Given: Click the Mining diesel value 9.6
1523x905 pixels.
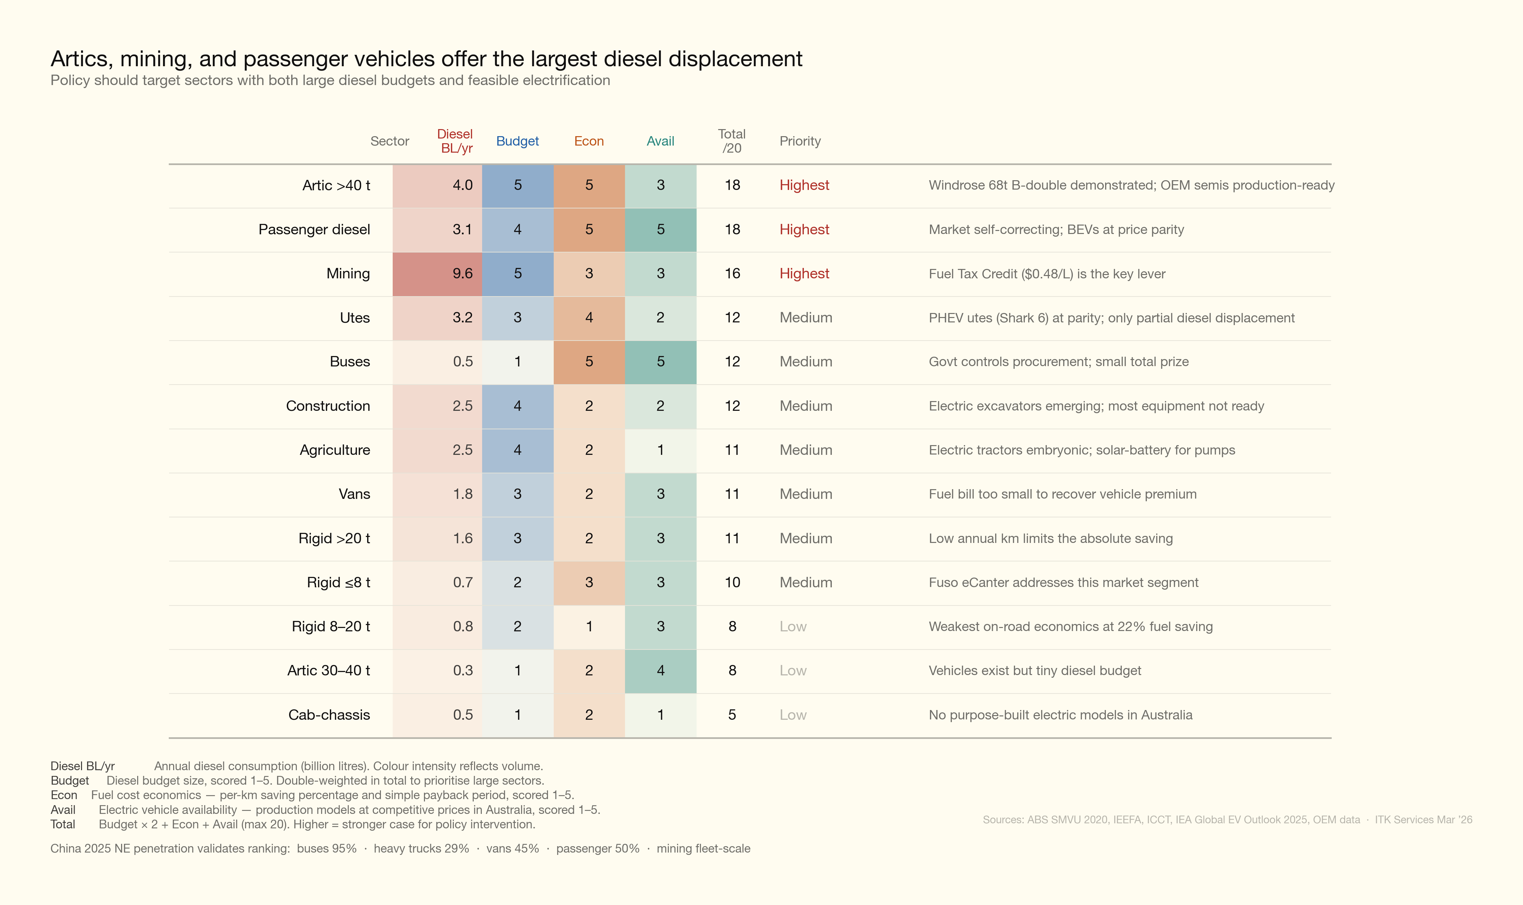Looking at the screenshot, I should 462,274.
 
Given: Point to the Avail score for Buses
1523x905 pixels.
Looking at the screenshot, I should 660,362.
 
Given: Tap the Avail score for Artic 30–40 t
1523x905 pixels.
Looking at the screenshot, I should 660,671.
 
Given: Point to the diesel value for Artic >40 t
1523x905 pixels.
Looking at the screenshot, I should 462,185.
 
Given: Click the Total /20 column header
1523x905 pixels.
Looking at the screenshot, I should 732,141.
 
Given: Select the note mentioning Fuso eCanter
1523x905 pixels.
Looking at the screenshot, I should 1063,582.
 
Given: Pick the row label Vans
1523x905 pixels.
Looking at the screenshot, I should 354,494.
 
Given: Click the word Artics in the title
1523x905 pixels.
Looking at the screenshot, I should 80,59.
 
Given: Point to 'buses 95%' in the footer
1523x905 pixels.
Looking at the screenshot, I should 326,848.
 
